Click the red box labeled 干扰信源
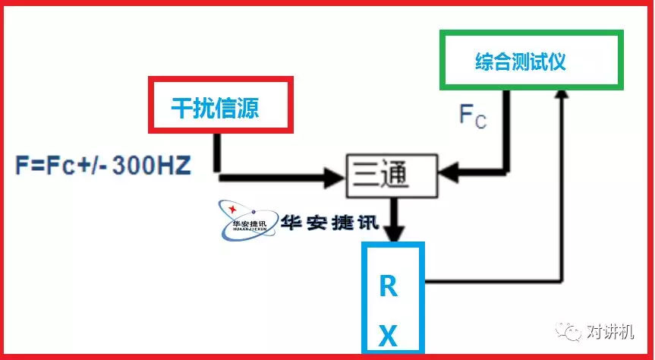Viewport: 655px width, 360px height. pyautogui.click(x=221, y=105)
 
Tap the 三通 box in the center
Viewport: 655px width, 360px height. pyautogui.click(x=392, y=175)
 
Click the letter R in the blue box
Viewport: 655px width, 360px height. pyautogui.click(x=388, y=287)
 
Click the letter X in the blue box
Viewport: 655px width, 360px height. pyautogui.click(x=388, y=336)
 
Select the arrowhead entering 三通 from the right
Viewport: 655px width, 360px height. pyautogui.click(x=448, y=172)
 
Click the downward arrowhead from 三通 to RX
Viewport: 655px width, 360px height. pyautogui.click(x=392, y=227)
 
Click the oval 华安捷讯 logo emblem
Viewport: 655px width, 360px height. pyautogui.click(x=243, y=220)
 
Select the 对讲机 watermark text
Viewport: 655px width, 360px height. pyautogui.click(x=612, y=332)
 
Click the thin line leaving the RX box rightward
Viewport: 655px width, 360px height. pyautogui.click(x=493, y=280)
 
